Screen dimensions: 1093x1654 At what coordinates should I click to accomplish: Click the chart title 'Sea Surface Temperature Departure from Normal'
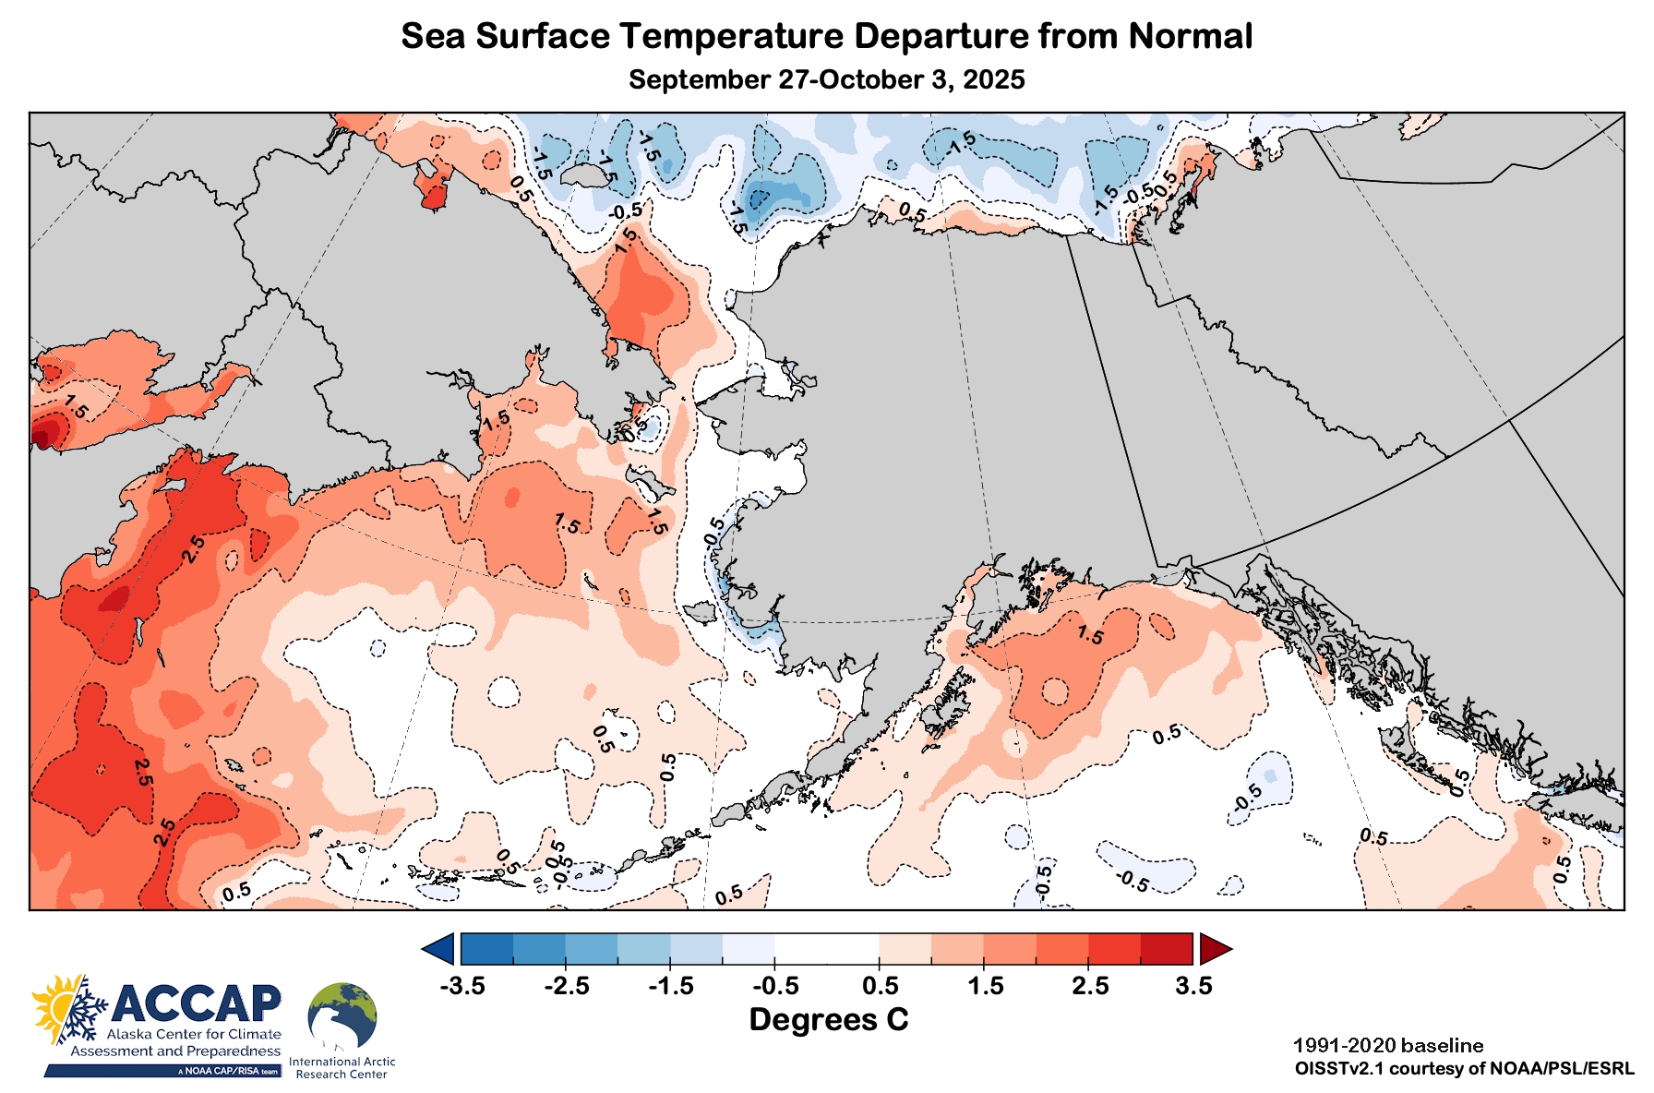click(826, 37)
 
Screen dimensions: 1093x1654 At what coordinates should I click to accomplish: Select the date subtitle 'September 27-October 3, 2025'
click(826, 79)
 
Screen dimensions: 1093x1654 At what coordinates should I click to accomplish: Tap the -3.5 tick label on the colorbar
click(461, 986)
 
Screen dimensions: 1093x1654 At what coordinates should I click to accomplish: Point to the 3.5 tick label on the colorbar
click(1193, 986)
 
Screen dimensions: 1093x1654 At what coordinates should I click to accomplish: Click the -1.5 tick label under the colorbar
click(671, 986)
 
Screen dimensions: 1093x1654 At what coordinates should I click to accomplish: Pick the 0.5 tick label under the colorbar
click(880, 986)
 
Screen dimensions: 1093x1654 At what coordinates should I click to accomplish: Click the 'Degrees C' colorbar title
click(828, 1020)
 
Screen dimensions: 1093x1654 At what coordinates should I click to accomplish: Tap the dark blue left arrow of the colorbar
click(439, 948)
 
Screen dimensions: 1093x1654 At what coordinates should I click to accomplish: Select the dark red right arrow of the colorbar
click(1214, 948)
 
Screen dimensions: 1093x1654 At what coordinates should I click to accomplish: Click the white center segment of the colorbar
click(827, 948)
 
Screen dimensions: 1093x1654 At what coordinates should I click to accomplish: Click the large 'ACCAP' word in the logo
click(197, 1003)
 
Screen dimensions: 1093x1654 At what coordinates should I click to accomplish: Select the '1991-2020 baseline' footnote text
click(1388, 1046)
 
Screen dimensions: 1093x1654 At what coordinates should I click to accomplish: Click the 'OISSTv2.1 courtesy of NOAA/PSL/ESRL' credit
click(1464, 1069)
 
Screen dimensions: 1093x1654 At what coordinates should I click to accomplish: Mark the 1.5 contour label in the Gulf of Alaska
click(1090, 635)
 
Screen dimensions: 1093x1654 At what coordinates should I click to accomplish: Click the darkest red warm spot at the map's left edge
click(42, 434)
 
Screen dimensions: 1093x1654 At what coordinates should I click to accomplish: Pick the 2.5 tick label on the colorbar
click(1090, 986)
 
